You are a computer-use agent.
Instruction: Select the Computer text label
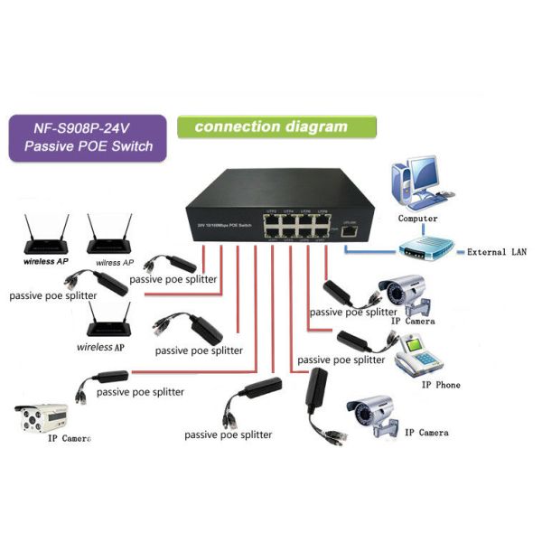coord(417,219)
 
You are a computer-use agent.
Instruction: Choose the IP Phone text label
coord(441,385)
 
